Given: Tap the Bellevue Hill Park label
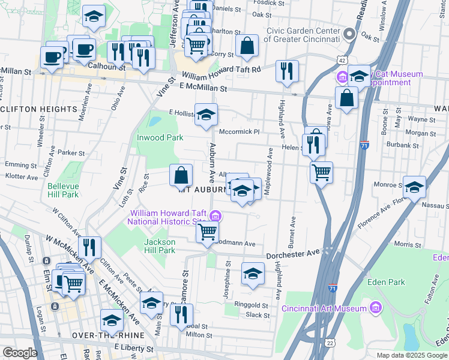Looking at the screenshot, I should point(63,190).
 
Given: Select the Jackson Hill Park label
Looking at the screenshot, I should point(160,246).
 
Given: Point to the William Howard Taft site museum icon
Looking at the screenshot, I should point(215,216).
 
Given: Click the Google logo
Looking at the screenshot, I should point(20,353).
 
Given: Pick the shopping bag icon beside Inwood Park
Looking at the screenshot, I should point(181,176).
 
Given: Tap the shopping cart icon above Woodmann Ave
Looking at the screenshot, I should point(207,231).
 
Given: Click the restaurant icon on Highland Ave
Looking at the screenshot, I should point(287,70).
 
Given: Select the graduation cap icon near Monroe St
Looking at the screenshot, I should point(414,187).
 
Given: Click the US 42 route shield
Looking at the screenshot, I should point(341,60).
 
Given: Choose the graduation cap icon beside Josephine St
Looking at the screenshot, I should point(253,274).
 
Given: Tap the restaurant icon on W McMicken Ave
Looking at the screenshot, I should point(89,247).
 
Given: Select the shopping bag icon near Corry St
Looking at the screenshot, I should point(247,45).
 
